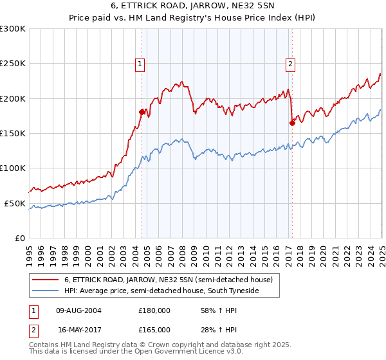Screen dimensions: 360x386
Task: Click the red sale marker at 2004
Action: point(142,112)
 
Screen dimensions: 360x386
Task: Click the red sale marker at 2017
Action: point(292,123)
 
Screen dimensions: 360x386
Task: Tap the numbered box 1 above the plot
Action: point(140,63)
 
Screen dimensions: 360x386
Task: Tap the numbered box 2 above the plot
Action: point(291,63)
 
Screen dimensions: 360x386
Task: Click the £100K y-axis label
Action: point(13,168)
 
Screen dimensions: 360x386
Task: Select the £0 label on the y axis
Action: point(19,238)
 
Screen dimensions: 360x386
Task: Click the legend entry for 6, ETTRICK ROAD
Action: point(169,280)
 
